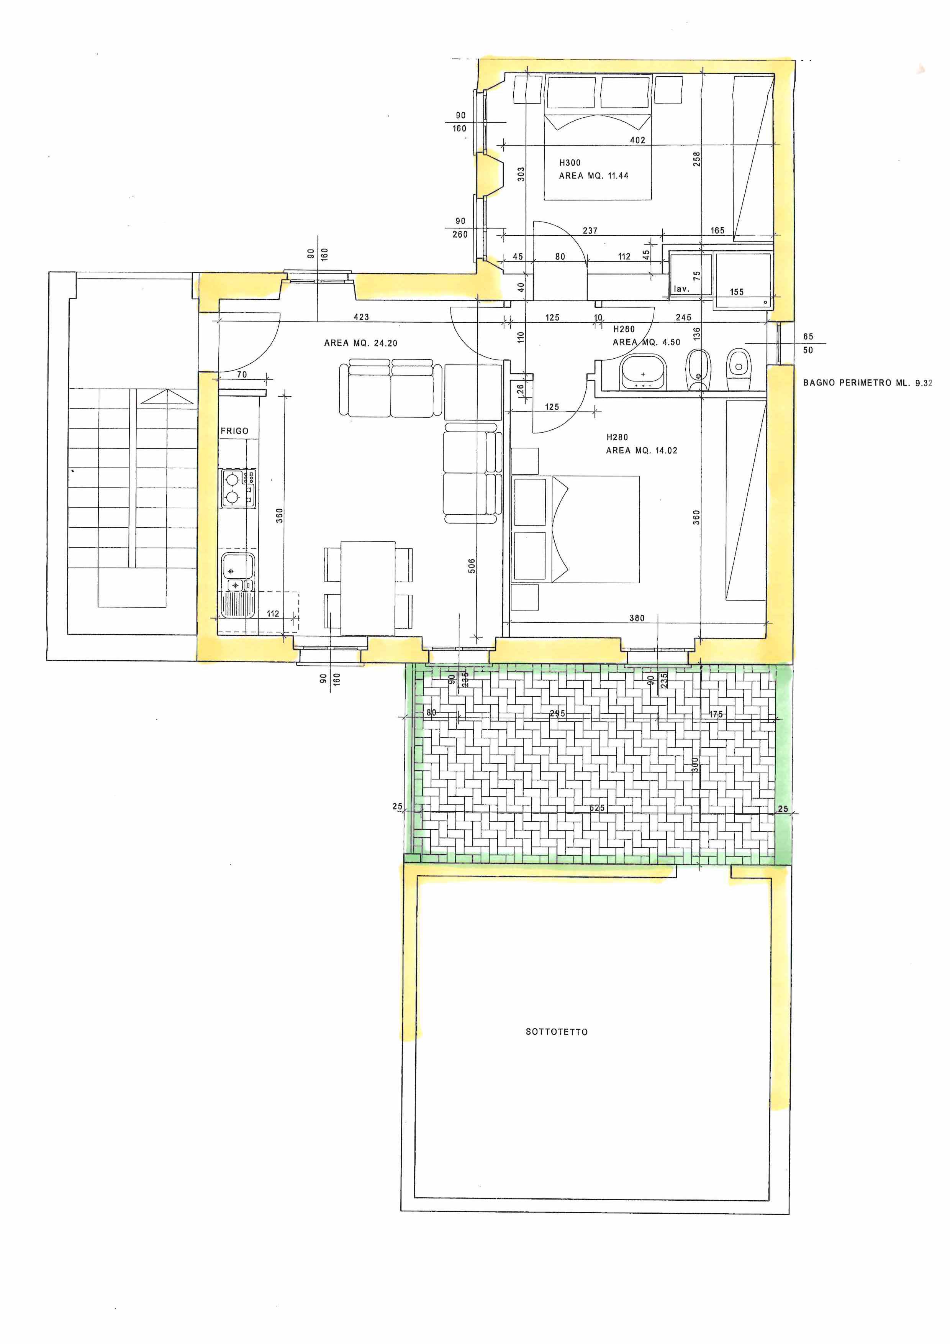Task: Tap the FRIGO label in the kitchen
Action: click(x=234, y=431)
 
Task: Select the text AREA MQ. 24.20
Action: click(x=360, y=343)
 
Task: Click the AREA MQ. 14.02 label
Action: click(x=641, y=450)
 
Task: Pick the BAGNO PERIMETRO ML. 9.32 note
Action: click(x=868, y=383)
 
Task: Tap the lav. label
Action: click(x=681, y=289)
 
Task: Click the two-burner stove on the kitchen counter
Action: click(x=238, y=488)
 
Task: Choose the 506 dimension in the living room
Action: click(x=472, y=566)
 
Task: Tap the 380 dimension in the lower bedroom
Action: click(x=637, y=617)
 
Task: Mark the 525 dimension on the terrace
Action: click(x=597, y=808)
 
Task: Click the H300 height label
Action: click(x=570, y=163)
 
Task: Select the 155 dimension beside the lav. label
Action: click(x=737, y=292)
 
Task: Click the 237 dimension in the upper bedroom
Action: click(x=590, y=231)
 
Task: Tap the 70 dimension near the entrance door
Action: click(x=242, y=375)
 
